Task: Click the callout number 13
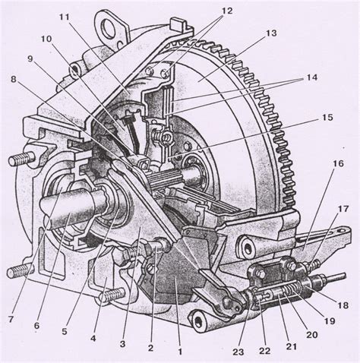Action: pyautogui.click(x=271, y=33)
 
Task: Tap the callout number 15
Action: pyautogui.click(x=328, y=118)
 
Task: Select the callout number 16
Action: pyautogui.click(x=338, y=164)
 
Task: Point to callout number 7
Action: pyautogui.click(x=11, y=320)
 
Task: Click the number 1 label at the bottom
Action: pyautogui.click(x=180, y=352)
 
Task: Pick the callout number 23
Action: pyautogui.click(x=238, y=352)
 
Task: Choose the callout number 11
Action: pyautogui.click(x=65, y=17)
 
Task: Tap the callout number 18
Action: pyautogui.click(x=343, y=305)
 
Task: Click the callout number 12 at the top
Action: pyautogui.click(x=227, y=11)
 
